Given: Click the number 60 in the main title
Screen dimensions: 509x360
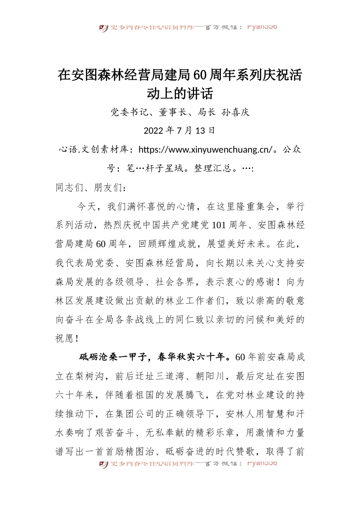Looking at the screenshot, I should pos(199,75).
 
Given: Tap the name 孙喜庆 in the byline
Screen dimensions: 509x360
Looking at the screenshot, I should pos(236,112).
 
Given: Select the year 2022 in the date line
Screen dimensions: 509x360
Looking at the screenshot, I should pos(153,131).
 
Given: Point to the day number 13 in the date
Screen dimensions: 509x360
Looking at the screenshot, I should pos(200,131).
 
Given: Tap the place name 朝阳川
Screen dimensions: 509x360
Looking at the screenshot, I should pos(210,376).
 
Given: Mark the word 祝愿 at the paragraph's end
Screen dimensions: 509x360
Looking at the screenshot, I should pos(64,338).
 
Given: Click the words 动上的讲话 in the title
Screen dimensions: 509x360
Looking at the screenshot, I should pos(180,94).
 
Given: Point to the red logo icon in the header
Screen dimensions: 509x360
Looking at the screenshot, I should pos(103,28).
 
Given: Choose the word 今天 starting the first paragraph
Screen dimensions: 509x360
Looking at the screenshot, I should pos(87,206).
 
